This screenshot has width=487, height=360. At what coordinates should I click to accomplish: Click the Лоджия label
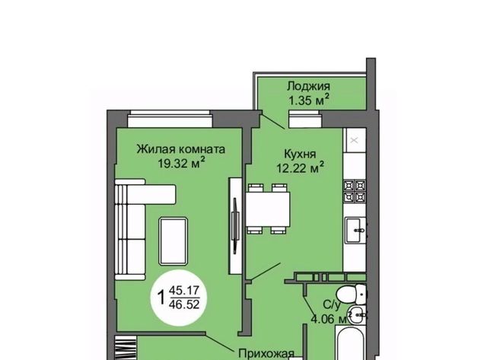(x=308, y=86)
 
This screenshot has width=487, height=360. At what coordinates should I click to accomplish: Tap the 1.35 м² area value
(x=309, y=100)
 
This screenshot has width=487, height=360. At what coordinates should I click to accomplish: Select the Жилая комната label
(x=181, y=149)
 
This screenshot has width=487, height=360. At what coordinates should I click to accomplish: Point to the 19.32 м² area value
(x=181, y=162)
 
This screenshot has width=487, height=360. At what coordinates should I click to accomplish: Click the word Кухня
(x=300, y=154)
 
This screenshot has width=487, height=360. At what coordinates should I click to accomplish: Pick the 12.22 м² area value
(x=301, y=167)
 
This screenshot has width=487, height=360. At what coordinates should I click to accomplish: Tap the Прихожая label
(x=266, y=353)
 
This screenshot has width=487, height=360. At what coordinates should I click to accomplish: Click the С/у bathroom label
(x=332, y=304)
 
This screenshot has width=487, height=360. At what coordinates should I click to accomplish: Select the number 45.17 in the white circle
(x=184, y=291)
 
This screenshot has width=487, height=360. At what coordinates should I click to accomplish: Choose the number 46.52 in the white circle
(x=184, y=304)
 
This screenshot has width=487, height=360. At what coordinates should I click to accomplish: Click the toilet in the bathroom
(x=352, y=294)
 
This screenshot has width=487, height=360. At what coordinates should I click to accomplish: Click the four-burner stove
(x=355, y=191)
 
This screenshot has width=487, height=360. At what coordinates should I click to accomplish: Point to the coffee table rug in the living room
(x=173, y=241)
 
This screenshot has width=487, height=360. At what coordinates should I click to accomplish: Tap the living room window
(x=170, y=119)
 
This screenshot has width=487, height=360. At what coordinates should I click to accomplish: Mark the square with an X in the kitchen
(x=355, y=140)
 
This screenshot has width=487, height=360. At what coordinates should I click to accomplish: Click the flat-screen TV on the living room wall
(x=235, y=226)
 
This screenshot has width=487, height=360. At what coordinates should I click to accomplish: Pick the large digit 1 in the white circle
(x=161, y=298)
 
